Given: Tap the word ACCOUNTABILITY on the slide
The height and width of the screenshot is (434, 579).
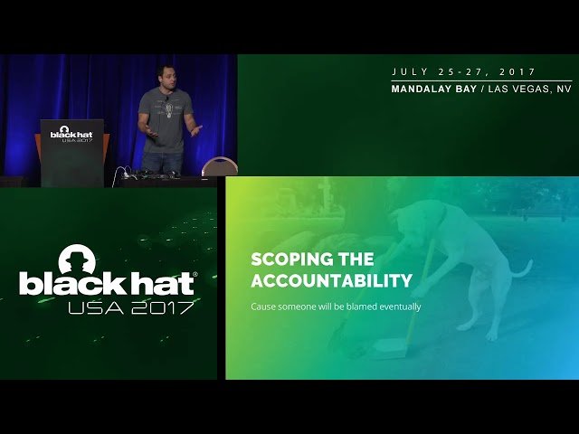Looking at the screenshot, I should (x=331, y=280).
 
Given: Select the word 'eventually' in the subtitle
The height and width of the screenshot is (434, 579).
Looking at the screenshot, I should (x=400, y=307).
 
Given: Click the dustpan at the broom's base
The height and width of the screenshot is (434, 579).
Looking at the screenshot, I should (x=389, y=348).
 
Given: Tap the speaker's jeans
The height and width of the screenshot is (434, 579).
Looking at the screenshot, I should (x=163, y=163).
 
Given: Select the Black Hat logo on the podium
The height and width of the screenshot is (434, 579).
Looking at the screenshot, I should (x=71, y=135).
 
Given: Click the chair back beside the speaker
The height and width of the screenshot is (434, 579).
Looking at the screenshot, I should (x=219, y=166).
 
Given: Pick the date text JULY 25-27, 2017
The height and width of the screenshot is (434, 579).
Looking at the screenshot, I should (x=464, y=71).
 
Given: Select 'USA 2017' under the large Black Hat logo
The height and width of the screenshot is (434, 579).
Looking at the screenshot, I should (x=131, y=307).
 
